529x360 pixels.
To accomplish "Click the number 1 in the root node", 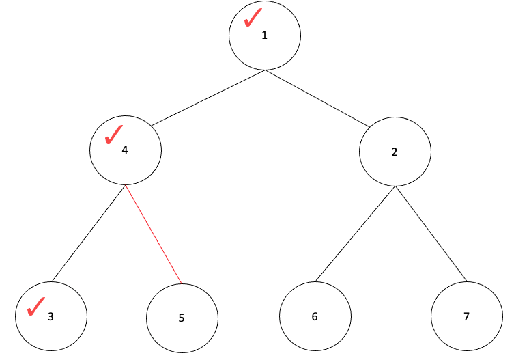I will tap(265, 36).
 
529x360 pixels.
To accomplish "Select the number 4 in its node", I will tap(124, 150).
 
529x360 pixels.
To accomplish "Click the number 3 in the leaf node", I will tap(51, 317).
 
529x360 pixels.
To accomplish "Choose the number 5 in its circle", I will tap(181, 318).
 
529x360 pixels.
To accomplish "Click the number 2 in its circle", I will tap(395, 152).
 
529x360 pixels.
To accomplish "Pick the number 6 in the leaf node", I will tap(315, 317).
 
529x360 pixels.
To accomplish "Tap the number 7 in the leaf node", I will tap(466, 317).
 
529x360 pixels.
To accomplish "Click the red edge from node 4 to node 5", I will tap(154, 234).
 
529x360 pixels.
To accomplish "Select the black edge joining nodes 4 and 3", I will tap(89, 234).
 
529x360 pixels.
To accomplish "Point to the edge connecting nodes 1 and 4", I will tap(208, 98).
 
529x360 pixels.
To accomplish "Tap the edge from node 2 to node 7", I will tap(431, 234).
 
